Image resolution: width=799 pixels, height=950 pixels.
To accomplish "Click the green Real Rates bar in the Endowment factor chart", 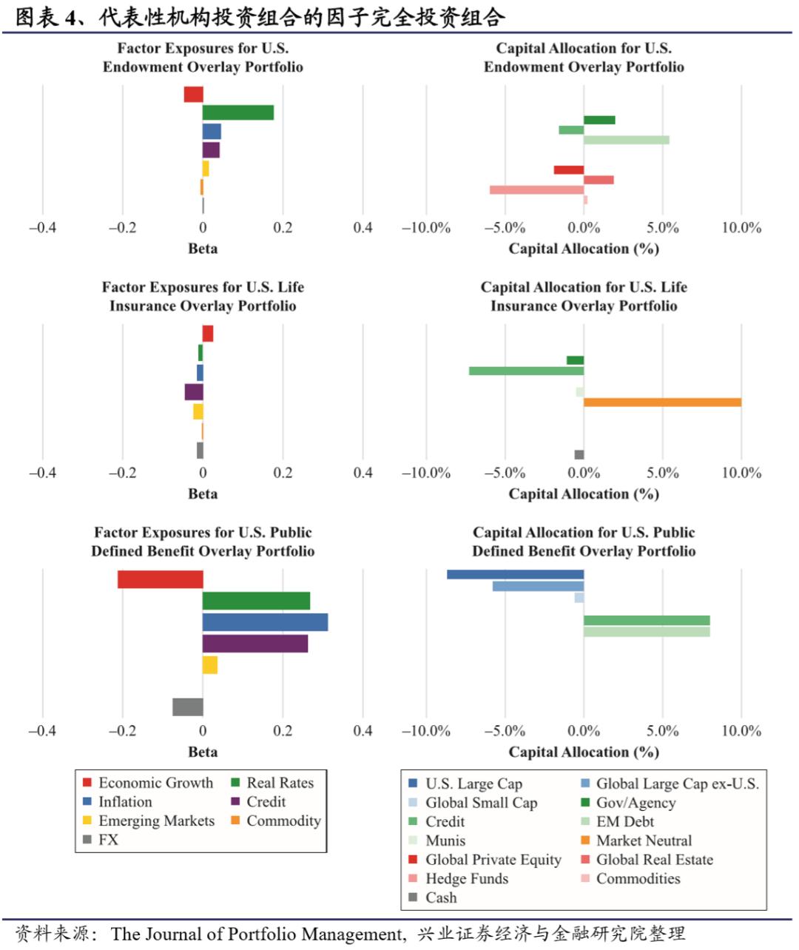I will click(238, 112).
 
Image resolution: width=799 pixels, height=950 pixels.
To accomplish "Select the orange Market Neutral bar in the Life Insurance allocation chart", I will click(662, 402).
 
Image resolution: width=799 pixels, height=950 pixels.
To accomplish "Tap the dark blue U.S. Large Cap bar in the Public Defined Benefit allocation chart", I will click(515, 574).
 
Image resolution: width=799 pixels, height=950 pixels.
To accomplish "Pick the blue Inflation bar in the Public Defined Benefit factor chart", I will click(265, 622).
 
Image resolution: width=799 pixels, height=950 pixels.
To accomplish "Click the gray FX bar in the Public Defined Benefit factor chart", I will click(188, 707).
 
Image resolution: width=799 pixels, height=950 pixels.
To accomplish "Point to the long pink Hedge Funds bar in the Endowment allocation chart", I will click(536, 190).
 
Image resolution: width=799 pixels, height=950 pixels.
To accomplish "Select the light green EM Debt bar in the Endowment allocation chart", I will click(626, 140).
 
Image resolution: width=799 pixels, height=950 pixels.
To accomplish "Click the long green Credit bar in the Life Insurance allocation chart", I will click(526, 371).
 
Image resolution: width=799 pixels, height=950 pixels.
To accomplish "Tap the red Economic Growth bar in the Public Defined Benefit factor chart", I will click(160, 579).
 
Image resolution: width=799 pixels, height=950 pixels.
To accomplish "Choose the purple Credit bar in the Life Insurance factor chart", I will click(194, 392).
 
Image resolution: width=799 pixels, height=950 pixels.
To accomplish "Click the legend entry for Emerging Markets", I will click(156, 821).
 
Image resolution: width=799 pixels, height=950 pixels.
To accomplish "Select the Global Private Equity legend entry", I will click(493, 860).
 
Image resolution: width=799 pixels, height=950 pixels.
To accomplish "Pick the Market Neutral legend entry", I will click(644, 840).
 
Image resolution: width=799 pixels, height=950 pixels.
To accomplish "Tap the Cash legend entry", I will click(441, 897).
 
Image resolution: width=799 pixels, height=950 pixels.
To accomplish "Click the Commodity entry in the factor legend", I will click(283, 821).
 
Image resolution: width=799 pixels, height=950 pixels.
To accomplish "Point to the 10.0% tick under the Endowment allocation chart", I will click(741, 228).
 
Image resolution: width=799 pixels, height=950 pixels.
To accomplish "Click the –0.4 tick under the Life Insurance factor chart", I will click(42, 473).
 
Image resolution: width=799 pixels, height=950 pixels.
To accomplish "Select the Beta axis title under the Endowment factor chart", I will click(203, 249).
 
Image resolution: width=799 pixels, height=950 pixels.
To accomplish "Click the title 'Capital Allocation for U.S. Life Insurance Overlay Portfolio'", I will click(584, 297).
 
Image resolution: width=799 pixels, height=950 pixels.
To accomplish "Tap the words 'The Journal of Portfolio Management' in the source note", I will click(257, 934).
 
